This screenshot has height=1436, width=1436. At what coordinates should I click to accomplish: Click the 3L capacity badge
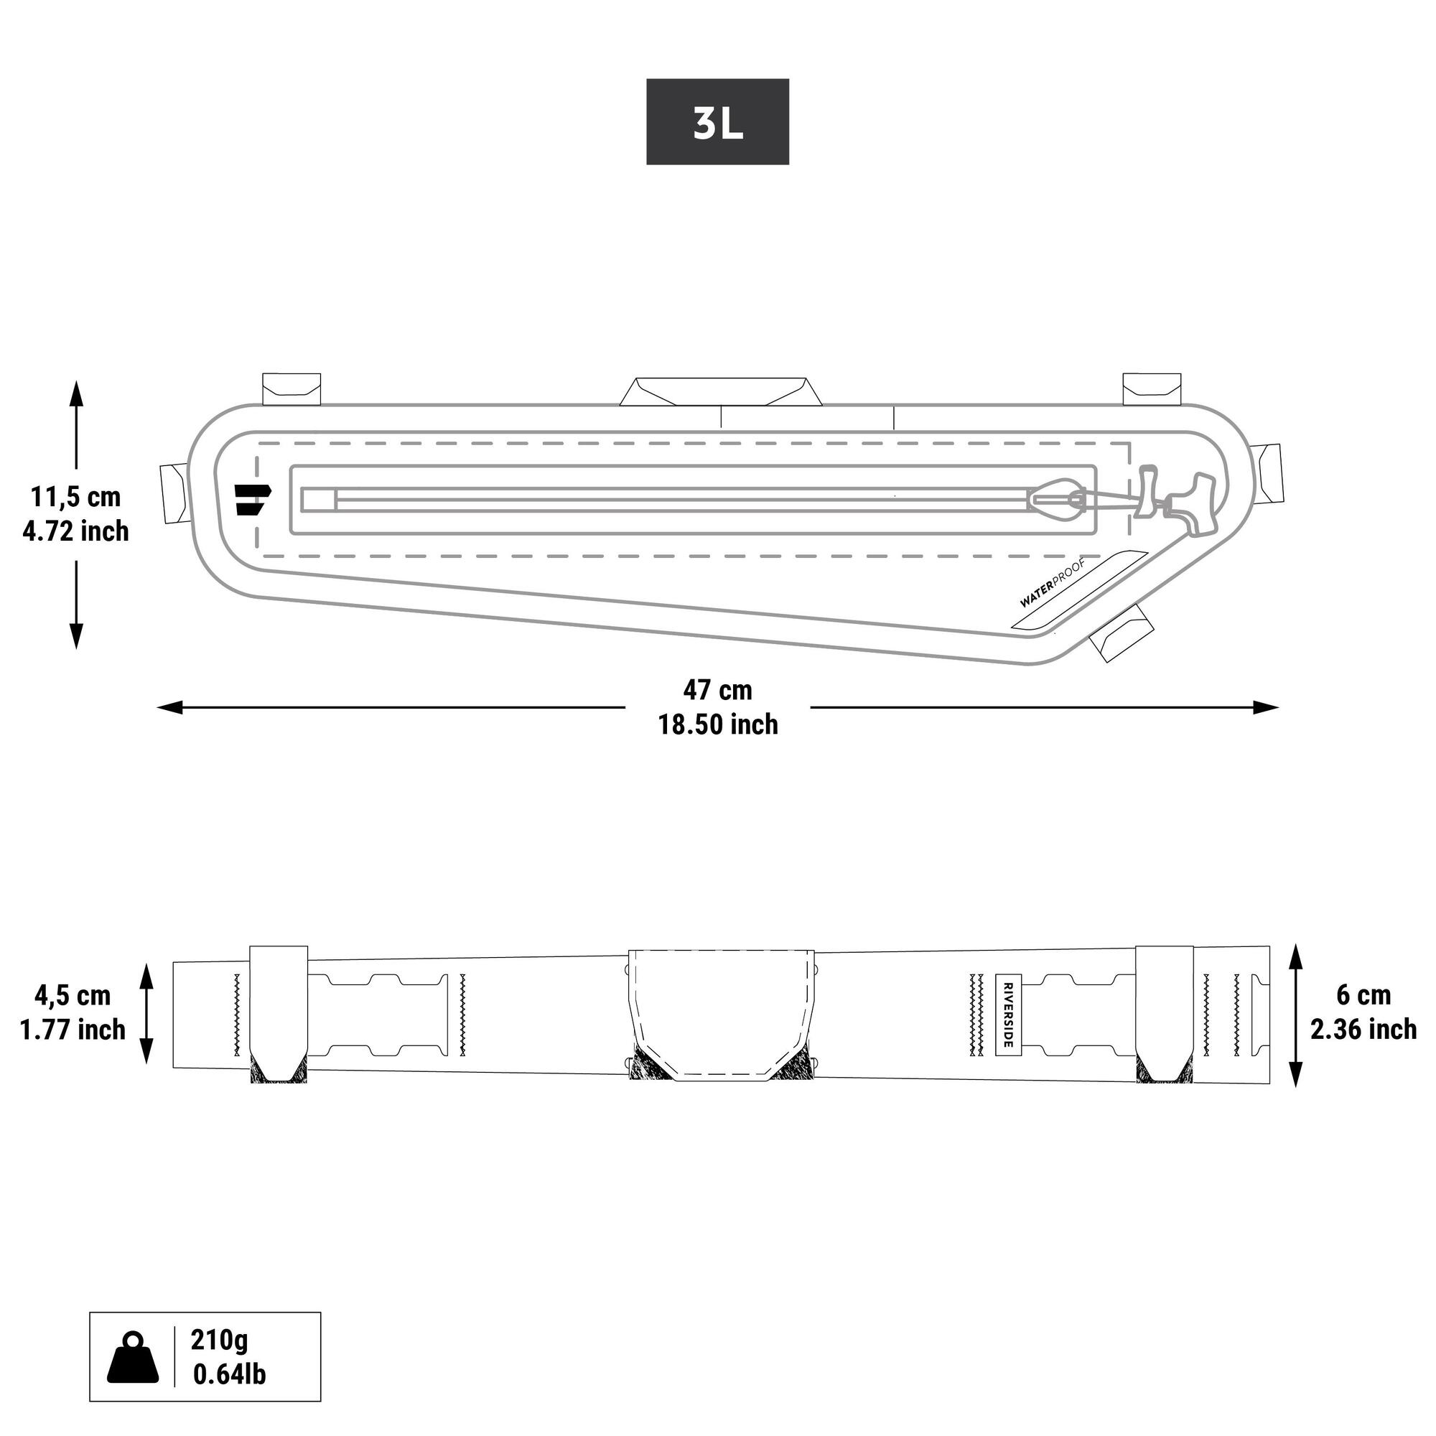717,122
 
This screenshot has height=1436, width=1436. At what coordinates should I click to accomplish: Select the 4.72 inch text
75,531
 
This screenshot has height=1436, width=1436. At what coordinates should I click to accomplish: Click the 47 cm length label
717,690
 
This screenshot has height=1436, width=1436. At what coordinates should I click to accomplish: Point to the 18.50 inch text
717,724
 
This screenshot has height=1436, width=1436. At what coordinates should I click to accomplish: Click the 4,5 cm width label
72,994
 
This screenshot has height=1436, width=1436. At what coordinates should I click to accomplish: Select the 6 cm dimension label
1363,994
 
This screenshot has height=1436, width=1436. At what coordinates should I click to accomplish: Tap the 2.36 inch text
1363,1030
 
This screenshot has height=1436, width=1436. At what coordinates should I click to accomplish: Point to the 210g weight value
219,1339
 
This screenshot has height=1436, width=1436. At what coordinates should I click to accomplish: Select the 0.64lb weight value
229,1374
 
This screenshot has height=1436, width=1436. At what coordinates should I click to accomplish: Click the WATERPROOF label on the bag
1052,592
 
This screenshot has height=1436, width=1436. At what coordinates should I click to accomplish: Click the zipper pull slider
1059,500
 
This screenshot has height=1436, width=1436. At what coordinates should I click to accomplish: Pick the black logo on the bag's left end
252,499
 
